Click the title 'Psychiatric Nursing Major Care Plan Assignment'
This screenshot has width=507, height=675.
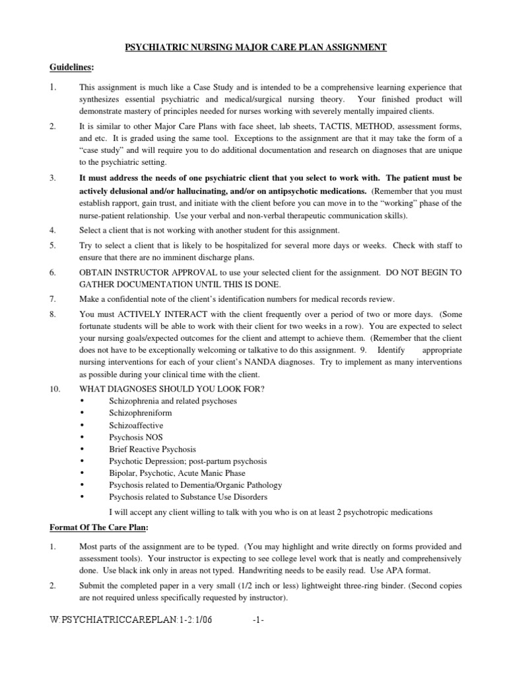point(253,47)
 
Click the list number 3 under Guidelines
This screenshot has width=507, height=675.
point(53,178)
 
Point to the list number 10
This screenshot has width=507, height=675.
point(55,389)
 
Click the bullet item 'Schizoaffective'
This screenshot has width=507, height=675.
point(137,425)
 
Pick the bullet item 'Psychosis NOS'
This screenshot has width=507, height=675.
point(136,437)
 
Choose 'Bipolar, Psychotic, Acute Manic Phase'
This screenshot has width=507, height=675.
point(177,473)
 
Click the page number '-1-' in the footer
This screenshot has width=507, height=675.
point(259,620)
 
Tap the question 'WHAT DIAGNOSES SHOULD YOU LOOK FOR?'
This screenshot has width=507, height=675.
point(172,389)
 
